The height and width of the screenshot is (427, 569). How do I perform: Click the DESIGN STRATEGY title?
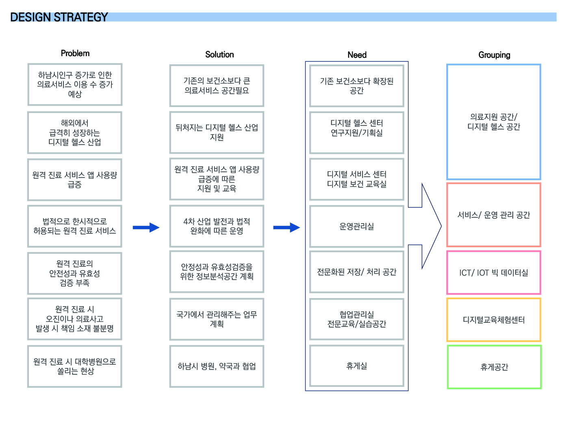(x=59, y=17)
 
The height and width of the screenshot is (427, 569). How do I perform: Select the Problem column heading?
(x=75, y=53)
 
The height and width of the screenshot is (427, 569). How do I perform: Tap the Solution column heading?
(x=219, y=54)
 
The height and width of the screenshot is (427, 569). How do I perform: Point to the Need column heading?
(x=357, y=55)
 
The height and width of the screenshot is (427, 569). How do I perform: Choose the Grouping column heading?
(x=494, y=55)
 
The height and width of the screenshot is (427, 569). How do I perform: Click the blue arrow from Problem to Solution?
(x=146, y=227)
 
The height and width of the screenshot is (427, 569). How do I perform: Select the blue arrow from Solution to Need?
(x=287, y=227)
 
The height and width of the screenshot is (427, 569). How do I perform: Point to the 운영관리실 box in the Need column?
(x=356, y=226)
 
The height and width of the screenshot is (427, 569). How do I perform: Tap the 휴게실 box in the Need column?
(x=356, y=366)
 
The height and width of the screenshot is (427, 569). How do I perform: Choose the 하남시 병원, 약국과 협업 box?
(x=217, y=366)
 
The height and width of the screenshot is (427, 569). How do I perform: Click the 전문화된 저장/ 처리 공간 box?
(x=356, y=272)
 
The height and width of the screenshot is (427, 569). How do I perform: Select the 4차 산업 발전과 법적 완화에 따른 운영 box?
(x=217, y=226)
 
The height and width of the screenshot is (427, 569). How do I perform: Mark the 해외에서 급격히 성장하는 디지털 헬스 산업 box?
(x=75, y=133)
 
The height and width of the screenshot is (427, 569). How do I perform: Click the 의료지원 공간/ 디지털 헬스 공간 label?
(x=493, y=122)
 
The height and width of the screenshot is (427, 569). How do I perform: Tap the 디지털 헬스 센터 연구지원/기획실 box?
(x=356, y=133)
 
